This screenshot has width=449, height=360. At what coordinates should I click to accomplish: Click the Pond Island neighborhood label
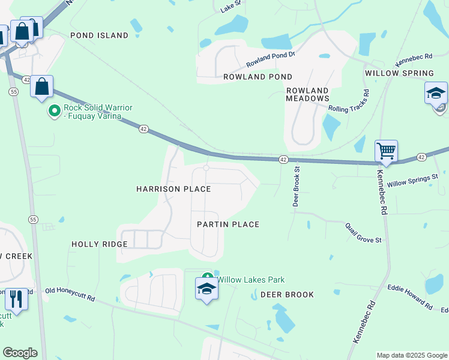tap(99, 35)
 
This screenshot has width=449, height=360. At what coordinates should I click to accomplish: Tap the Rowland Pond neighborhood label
tap(258, 77)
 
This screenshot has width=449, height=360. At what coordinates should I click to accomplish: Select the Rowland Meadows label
tap(307, 94)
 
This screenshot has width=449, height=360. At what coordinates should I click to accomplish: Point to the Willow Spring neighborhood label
tap(399, 73)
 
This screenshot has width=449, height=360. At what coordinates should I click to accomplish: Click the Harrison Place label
tap(173, 189)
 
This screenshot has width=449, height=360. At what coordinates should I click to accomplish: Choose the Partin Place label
tap(228, 224)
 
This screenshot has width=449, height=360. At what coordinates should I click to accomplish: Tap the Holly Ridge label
tap(100, 244)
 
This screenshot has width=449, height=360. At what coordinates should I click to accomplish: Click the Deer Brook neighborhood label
tap(287, 295)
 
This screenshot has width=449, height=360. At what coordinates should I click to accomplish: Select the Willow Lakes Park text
tap(250, 280)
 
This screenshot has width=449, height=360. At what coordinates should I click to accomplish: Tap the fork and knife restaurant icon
tap(16, 298)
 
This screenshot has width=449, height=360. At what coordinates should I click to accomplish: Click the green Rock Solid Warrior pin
tap(54, 111)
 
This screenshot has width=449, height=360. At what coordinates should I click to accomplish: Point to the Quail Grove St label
tap(363, 232)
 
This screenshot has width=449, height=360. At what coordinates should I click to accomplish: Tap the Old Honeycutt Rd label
tap(70, 294)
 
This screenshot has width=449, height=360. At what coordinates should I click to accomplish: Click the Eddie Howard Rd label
tap(410, 296)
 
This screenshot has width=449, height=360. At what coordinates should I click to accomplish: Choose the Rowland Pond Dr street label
tap(271, 59)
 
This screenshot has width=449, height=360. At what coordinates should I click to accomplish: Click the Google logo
tap(20, 353)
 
